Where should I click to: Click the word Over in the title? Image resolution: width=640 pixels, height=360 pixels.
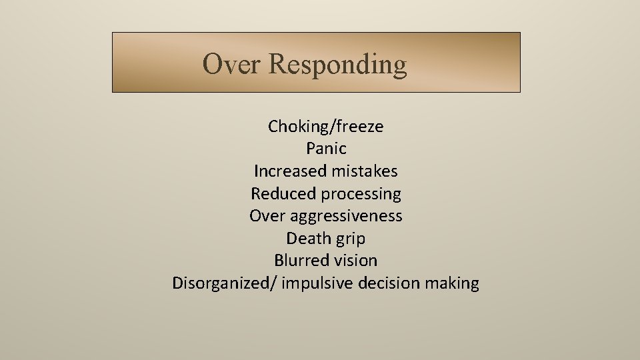pos(231,65)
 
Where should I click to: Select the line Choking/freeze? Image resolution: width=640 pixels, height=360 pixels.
pos(325,127)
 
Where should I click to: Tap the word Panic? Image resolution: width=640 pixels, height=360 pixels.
pos(326,149)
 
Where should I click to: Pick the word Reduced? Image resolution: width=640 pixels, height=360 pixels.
pos(283,194)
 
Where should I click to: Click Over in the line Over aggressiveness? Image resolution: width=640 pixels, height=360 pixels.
pos(267,216)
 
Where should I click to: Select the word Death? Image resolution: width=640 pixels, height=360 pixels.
pos(307,239)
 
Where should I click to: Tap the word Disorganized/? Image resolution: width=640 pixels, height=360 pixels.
pos(225,283)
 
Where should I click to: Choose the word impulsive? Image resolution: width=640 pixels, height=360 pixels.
pos(317,283)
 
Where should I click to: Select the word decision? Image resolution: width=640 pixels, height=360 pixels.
pos(389,283)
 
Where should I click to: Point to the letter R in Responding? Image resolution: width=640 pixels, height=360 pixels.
pos(277,65)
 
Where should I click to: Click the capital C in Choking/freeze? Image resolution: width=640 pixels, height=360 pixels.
pos(273,127)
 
